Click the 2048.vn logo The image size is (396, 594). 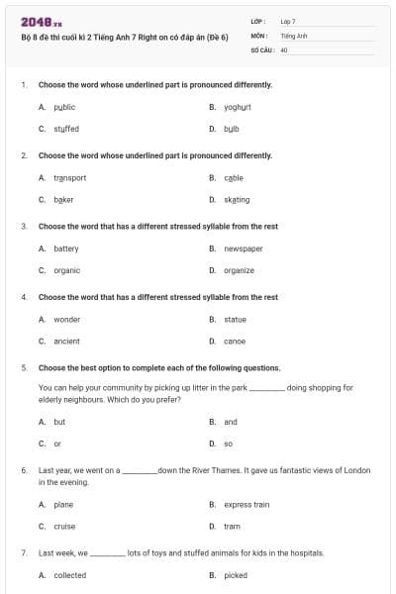point(35,22)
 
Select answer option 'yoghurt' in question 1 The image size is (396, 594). point(238,107)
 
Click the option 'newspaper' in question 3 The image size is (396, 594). point(243,248)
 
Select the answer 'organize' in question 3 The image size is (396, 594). point(239,270)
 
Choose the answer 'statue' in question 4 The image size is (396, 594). point(235,320)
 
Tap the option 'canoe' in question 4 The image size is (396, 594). point(234,342)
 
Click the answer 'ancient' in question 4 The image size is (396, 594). point(66,342)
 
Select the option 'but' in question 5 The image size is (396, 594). point(59,422)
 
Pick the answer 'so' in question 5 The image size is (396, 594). point(228,444)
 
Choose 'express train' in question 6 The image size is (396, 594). point(247,505)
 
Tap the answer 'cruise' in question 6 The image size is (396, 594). point(64,527)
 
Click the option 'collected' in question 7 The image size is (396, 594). point(69,575)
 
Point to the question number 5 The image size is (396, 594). point(23,367)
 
